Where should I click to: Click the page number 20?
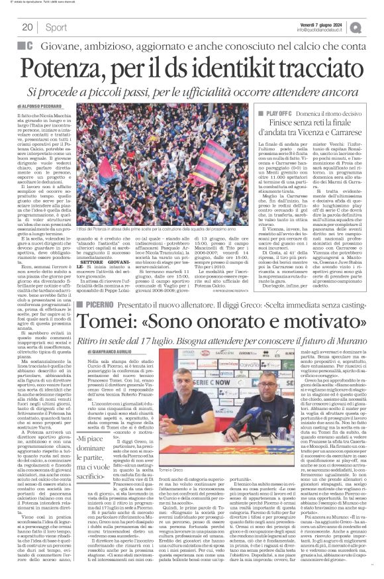[x=27, y=27]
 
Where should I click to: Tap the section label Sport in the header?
[x=56, y=27]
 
